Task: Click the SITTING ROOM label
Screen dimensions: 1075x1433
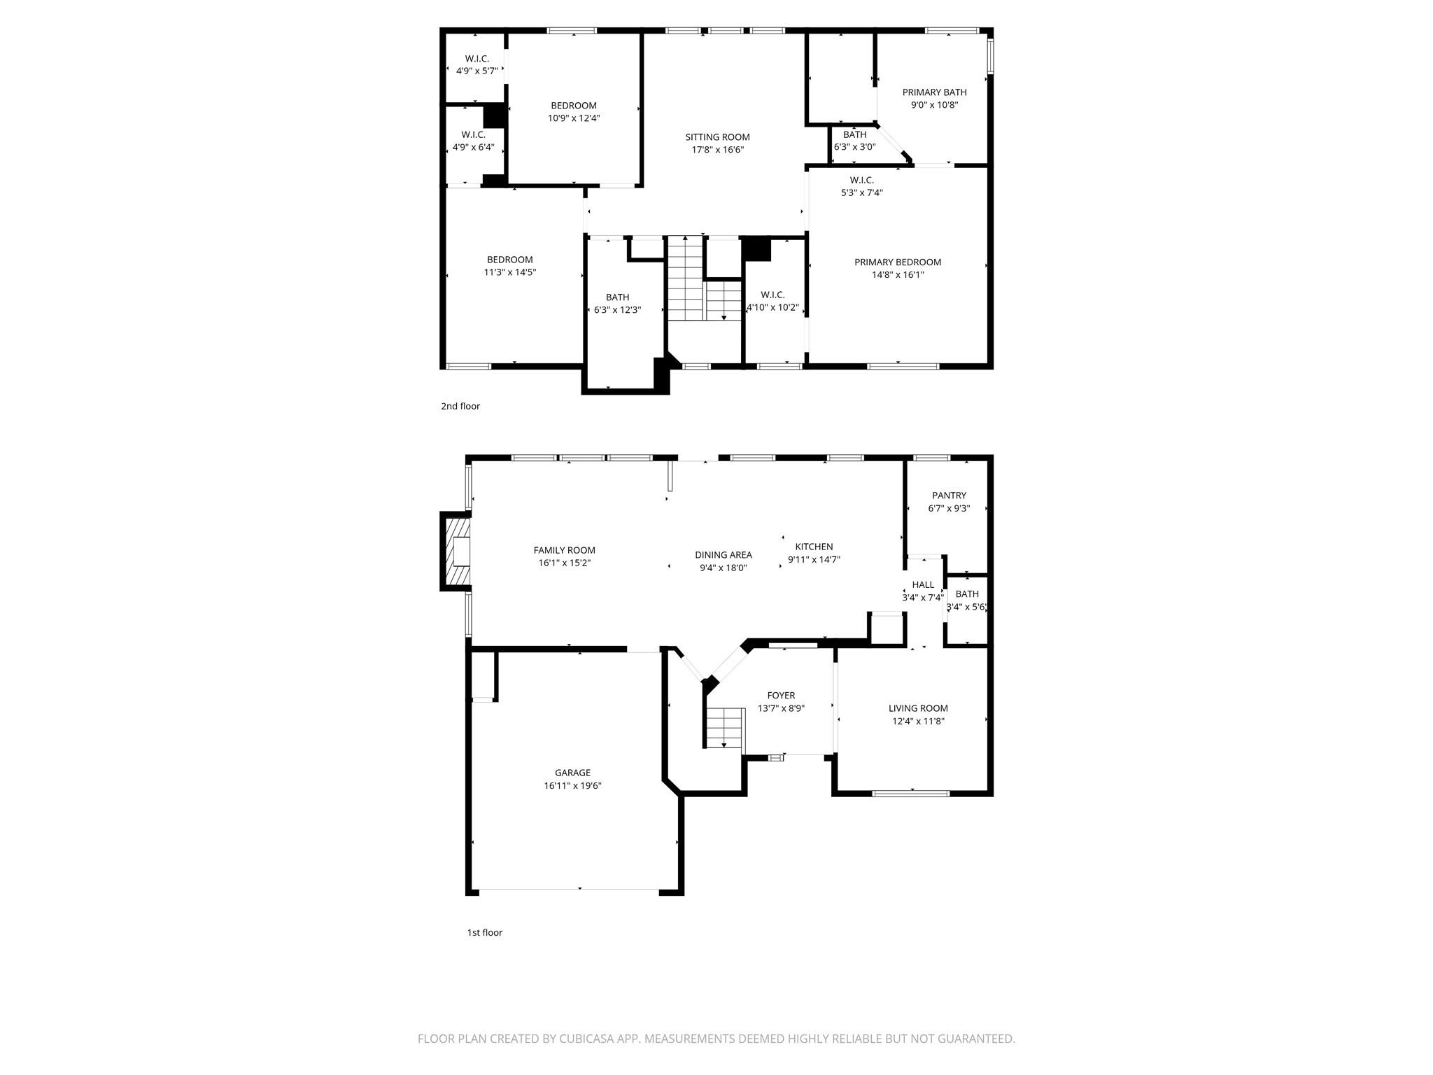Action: pos(717,137)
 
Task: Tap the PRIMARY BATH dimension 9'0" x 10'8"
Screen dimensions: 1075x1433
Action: pos(934,105)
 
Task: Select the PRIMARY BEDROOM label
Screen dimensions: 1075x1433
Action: pos(898,262)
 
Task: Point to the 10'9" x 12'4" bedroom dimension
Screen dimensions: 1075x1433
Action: pos(574,118)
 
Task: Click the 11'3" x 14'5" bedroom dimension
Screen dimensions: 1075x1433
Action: pos(510,272)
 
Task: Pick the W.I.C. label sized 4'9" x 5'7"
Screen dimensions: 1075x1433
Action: pos(477,59)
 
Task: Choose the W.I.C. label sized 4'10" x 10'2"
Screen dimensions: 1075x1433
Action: pos(772,295)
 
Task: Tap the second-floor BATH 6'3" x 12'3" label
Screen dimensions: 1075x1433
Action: pos(617,297)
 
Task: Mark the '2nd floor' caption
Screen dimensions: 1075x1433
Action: pos(460,406)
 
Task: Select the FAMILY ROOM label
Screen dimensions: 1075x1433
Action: pos(564,550)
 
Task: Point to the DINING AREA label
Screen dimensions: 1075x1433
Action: pos(723,555)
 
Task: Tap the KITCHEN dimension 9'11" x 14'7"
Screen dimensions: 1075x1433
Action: pos(814,559)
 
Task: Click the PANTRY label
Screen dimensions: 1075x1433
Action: pos(949,496)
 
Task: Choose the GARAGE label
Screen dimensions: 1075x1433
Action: pos(572,773)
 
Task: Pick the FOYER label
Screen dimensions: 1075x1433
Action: pos(781,696)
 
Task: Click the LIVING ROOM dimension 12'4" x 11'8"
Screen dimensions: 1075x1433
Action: pos(918,721)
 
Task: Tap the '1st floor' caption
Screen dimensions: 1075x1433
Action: pos(485,932)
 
